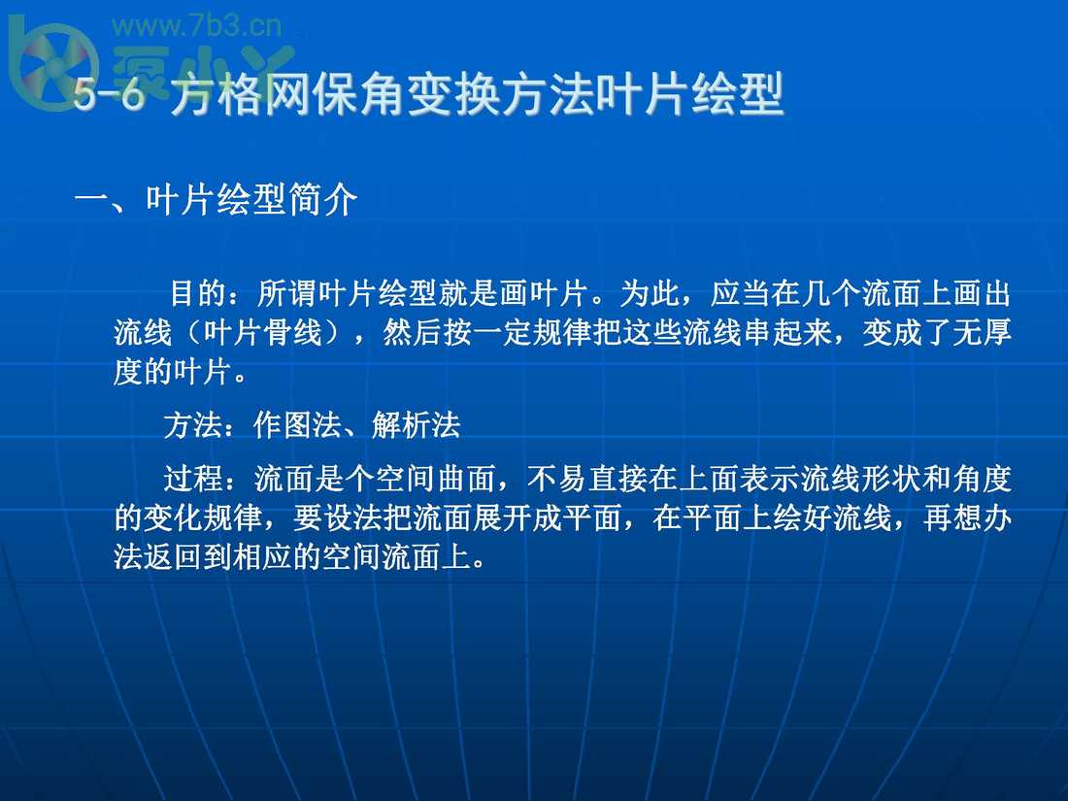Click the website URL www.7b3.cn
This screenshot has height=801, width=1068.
(197, 26)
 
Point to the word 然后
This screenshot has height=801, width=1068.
(406, 333)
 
